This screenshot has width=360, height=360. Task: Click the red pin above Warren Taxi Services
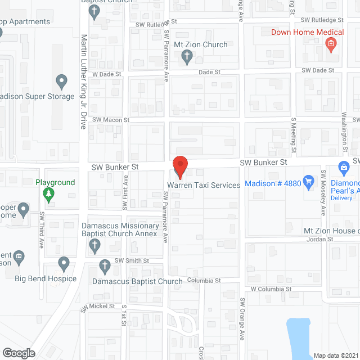coord(179,165)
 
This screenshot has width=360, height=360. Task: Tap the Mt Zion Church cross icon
coord(188,56)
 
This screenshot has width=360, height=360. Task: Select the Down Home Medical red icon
coord(331,44)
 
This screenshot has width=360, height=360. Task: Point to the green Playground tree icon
coord(49,195)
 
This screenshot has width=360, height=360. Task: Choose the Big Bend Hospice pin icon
coord(63,263)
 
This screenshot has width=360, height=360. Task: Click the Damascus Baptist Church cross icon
coord(104,265)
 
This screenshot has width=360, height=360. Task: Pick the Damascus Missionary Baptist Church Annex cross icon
coord(95,245)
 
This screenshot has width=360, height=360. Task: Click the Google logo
coord(18,353)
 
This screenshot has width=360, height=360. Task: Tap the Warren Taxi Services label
coord(203,184)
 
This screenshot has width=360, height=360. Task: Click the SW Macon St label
coord(111,120)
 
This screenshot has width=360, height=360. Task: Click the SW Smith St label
coord(132,260)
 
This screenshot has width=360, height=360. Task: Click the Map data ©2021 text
coord(336,355)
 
